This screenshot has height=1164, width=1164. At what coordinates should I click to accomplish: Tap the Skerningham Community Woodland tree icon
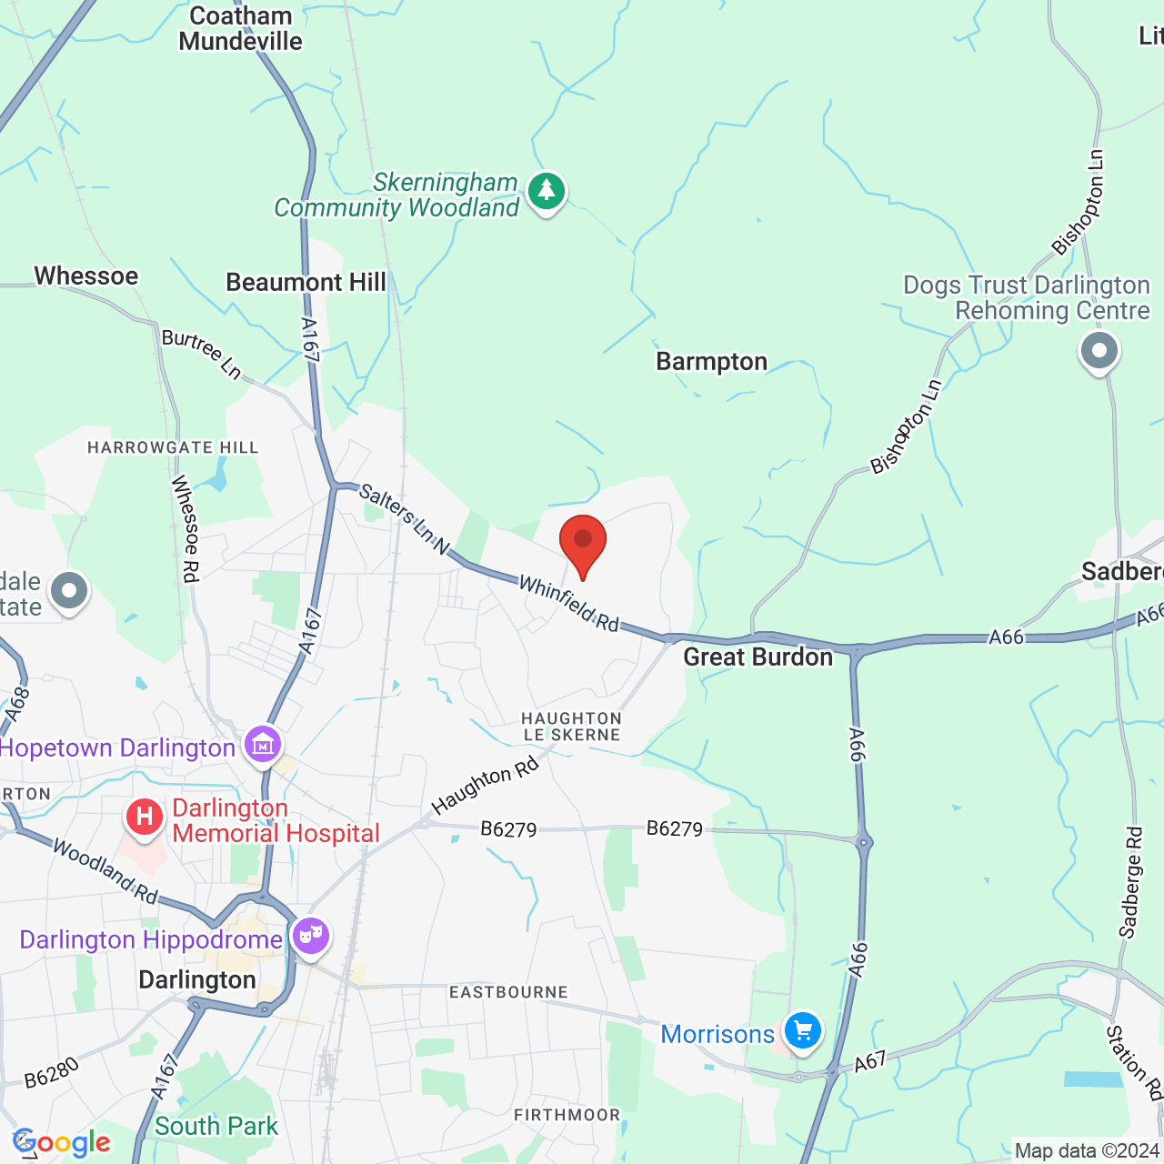click(x=546, y=191)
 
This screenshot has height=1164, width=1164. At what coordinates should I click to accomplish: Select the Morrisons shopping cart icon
click(x=802, y=1031)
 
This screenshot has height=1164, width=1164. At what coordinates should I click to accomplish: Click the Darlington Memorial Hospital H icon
click(x=144, y=817)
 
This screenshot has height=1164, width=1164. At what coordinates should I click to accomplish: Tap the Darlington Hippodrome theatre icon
click(x=311, y=935)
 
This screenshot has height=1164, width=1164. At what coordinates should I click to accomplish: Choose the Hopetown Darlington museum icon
click(x=263, y=745)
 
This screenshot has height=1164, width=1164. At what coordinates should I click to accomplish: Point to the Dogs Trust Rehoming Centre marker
click(x=1099, y=351)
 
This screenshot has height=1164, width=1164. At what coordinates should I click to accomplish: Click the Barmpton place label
click(x=712, y=362)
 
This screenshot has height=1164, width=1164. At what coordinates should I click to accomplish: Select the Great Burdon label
click(x=758, y=657)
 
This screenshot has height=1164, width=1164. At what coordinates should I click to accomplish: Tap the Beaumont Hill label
click(x=306, y=283)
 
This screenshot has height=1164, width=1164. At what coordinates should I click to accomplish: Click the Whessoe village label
click(x=86, y=276)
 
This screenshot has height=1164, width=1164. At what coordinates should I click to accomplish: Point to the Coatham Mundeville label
click(x=240, y=29)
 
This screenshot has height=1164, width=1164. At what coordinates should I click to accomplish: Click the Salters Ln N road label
click(x=405, y=519)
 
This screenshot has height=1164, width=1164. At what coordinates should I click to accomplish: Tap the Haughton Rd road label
click(x=485, y=786)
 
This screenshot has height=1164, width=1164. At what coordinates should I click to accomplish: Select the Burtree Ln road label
click(x=202, y=354)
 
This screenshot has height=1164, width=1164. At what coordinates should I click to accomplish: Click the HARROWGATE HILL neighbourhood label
click(x=173, y=447)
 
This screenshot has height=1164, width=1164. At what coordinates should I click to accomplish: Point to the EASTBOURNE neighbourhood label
click(x=508, y=992)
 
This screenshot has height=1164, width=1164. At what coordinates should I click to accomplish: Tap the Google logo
click(x=62, y=1143)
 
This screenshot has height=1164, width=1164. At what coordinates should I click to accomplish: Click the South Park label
click(x=216, y=1126)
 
